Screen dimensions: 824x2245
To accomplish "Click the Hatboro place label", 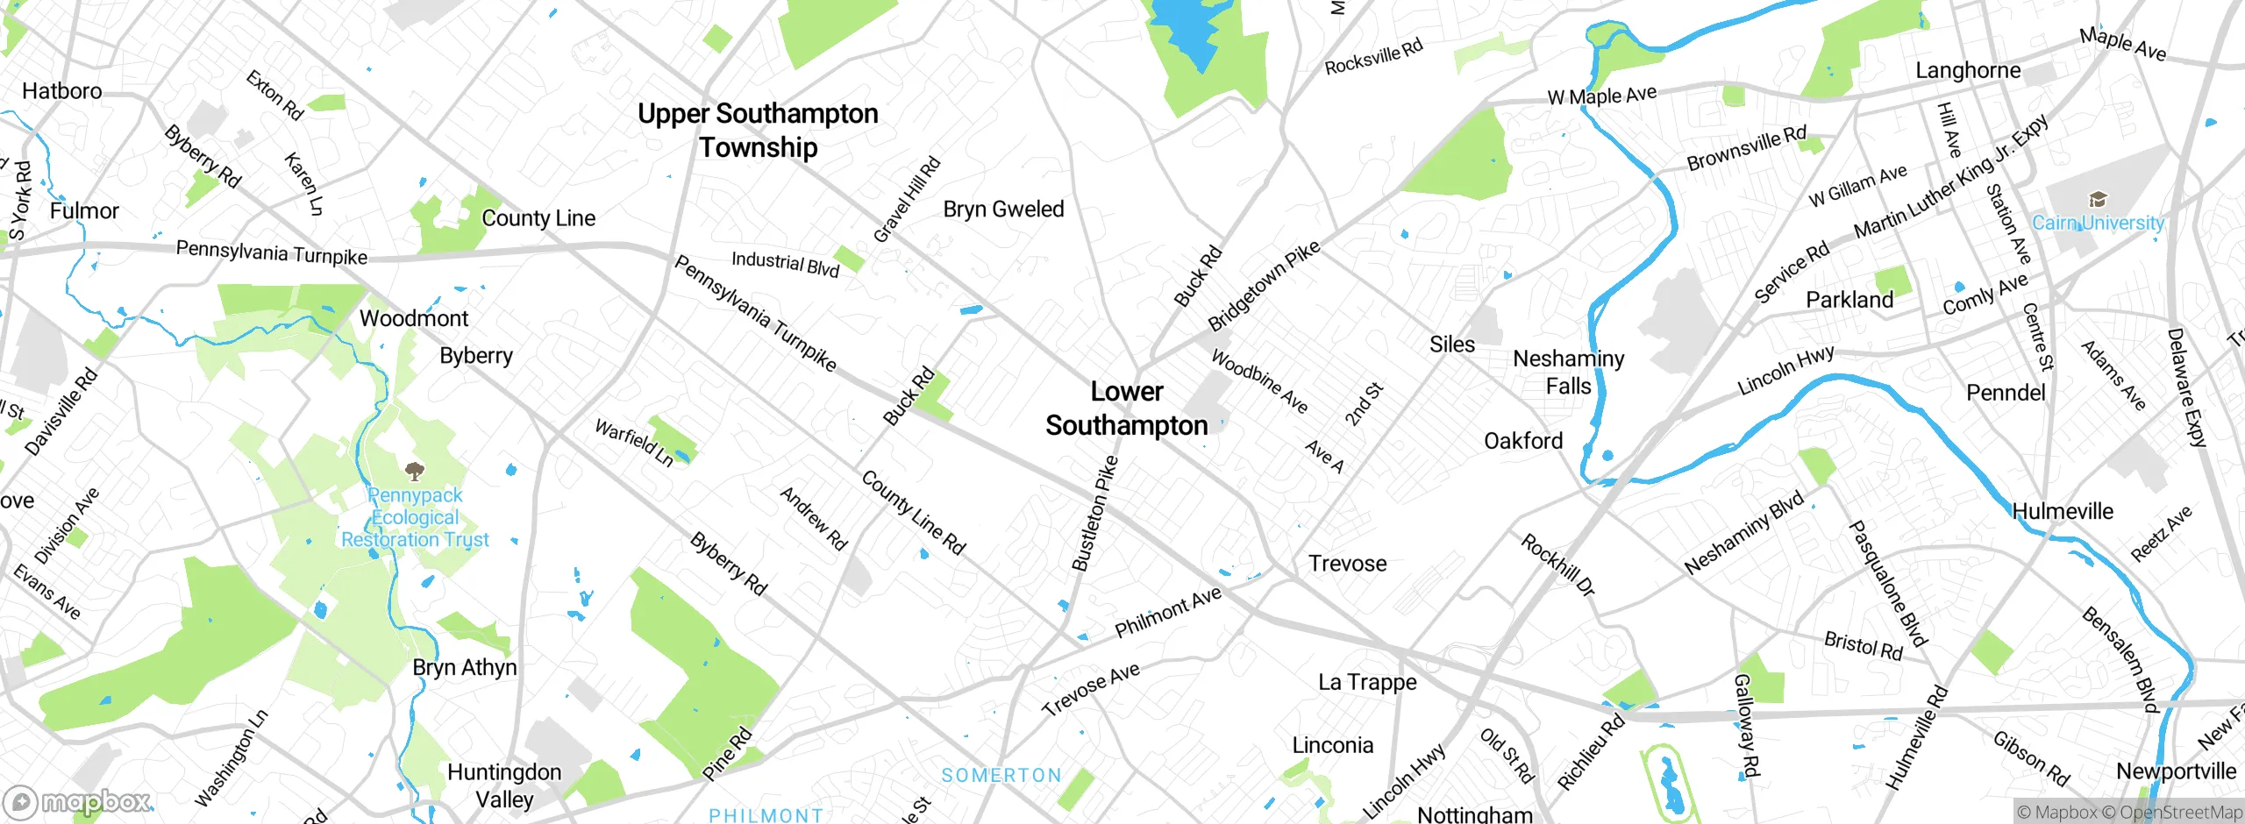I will [61, 91].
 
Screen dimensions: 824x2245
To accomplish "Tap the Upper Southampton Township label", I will [758, 130].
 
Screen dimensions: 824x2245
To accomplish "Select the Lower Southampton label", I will [1127, 408].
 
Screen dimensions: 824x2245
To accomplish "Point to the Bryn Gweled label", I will [1003, 210].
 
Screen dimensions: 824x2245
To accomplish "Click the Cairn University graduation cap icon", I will [2097, 199].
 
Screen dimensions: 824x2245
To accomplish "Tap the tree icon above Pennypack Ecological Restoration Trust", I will [415, 472].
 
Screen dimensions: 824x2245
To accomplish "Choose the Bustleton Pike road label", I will [1095, 514].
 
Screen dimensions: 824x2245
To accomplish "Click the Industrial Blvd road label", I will [785, 263].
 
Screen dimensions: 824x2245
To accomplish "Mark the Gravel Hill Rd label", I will [907, 200].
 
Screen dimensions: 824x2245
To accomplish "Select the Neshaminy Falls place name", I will [1568, 372].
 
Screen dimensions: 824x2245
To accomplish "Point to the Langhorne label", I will [1968, 70].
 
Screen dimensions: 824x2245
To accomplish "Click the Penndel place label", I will [2006, 393].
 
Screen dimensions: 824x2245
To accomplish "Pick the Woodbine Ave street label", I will [1259, 381].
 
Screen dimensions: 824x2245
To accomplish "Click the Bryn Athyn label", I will [465, 668].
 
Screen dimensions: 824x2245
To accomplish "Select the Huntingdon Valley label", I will [504, 785].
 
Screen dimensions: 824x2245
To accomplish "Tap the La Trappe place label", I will [1367, 682].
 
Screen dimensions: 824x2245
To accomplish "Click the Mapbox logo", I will [79, 801].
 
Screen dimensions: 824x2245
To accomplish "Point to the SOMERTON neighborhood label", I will [1001, 776].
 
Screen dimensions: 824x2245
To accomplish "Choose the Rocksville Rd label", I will [1373, 58].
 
